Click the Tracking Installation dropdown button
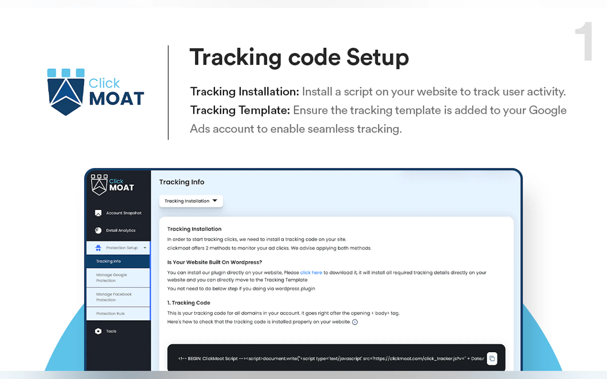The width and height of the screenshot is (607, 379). tap(191, 201)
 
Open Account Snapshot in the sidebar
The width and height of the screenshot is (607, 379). tap(118, 213)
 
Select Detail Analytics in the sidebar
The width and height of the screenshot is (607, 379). tap(115, 230)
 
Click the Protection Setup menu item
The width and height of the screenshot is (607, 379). tap(118, 248)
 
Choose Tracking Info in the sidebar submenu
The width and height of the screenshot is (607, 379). tap(108, 261)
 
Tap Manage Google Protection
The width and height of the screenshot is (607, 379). tap(111, 278)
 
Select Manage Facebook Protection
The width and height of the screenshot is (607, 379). tap(114, 297)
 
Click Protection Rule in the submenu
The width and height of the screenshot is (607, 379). tap(110, 314)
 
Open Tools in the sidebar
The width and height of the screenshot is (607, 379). tap(106, 331)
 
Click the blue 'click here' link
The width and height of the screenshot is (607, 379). tap(311, 273)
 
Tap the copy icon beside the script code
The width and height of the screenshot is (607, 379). tap(492, 358)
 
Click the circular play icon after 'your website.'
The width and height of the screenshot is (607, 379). tap(355, 322)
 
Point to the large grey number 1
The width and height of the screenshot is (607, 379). tap(584, 41)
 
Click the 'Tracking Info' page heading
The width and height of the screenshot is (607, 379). tap(182, 182)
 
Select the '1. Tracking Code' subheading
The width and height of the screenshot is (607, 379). tap(189, 303)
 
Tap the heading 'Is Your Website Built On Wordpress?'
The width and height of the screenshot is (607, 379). tap(215, 262)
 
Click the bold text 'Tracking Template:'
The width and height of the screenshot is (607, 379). tap(240, 110)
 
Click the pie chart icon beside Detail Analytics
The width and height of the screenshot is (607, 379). tap(98, 230)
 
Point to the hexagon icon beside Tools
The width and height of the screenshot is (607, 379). tap(98, 331)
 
